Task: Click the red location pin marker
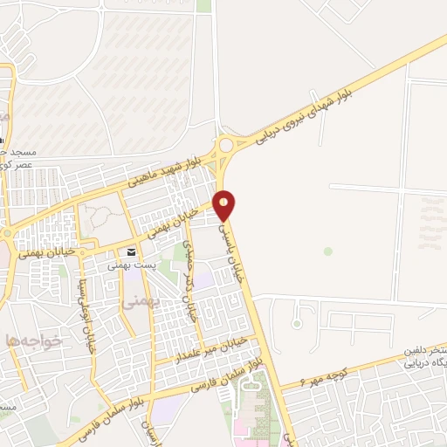(225, 204)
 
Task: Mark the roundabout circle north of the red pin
(228, 145)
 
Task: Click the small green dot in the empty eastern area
(328, 251)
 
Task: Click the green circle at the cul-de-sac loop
(297, 325)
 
